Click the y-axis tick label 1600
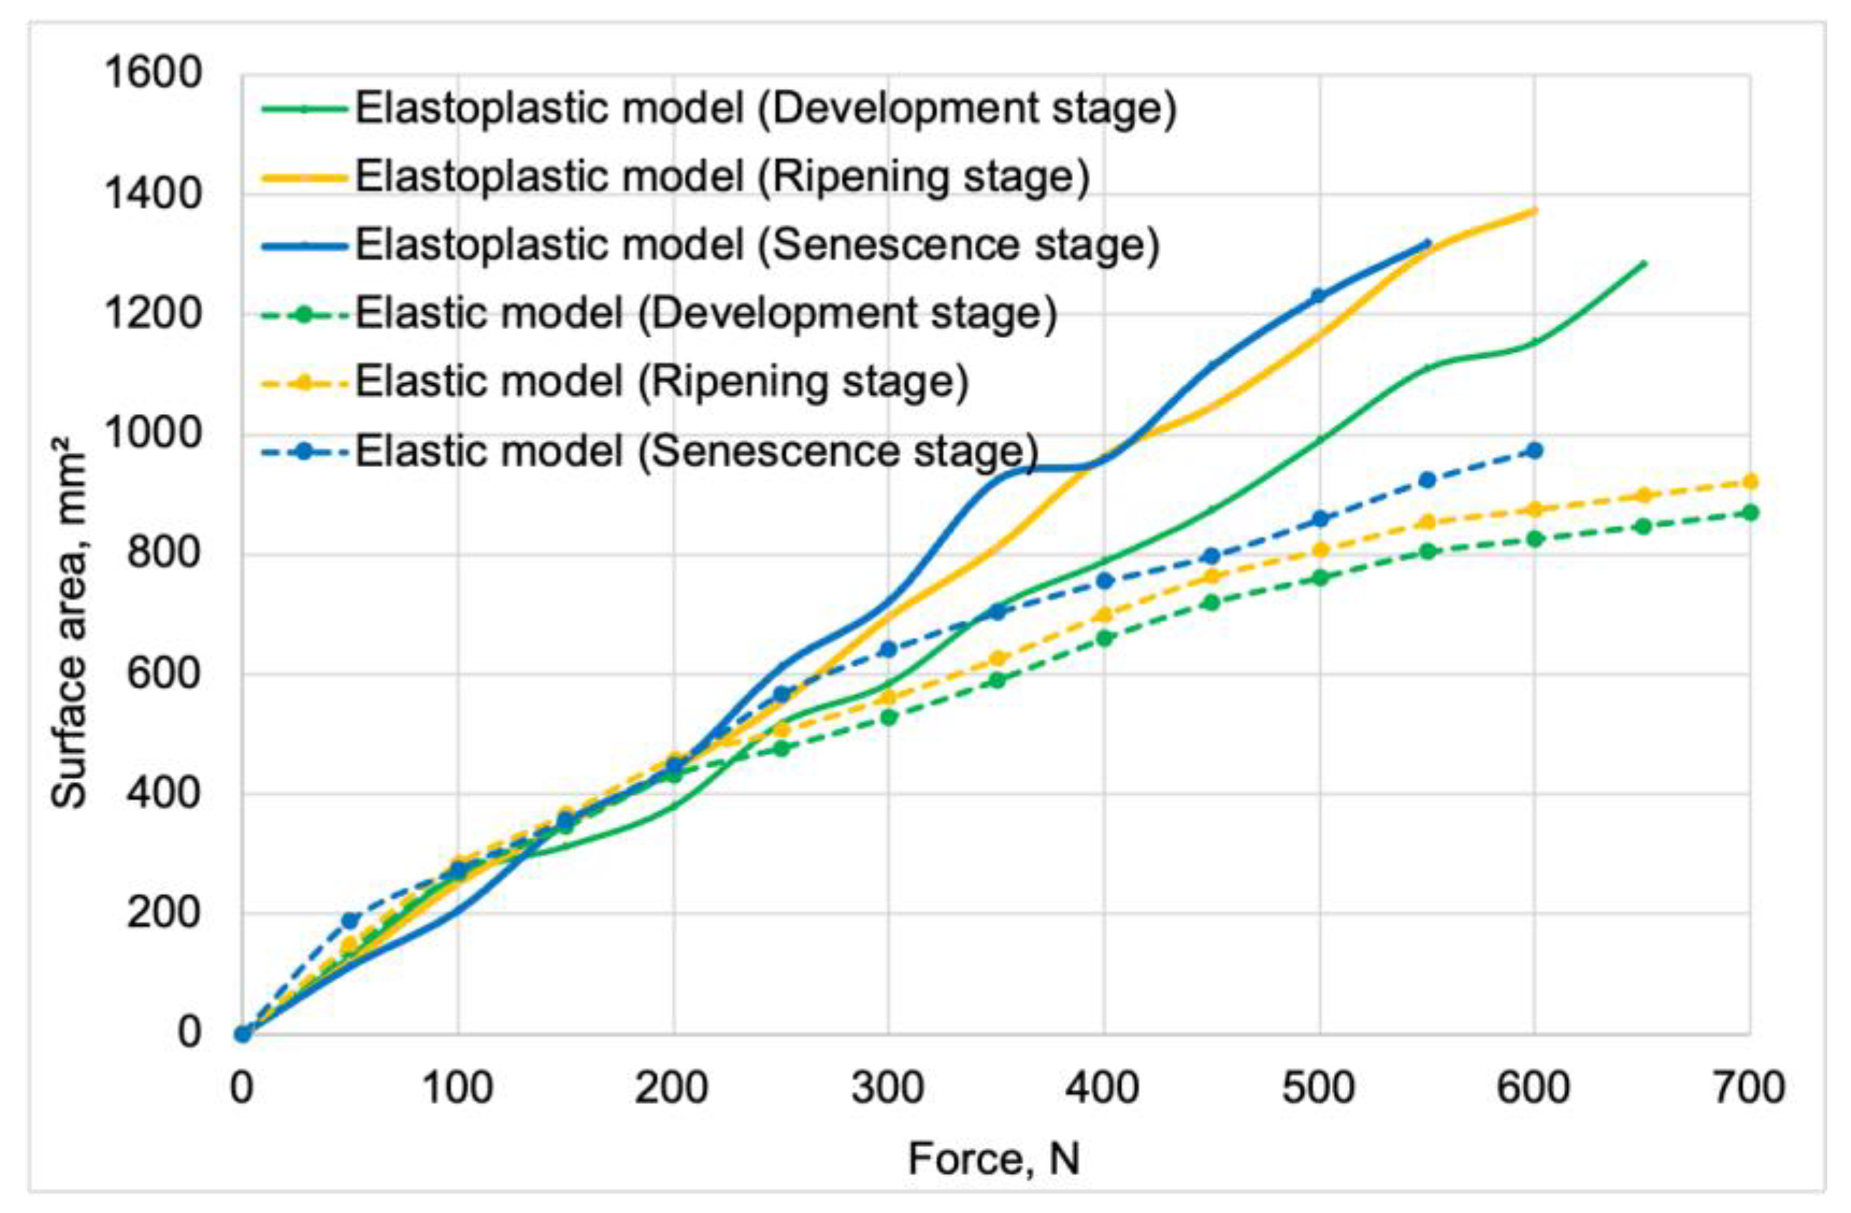pos(153,75)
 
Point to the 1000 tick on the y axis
pos(153,435)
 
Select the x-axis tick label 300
pos(888,1088)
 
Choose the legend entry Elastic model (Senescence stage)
pos(696,452)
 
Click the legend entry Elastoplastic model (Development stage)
pos(765,109)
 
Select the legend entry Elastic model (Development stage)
pos(706,314)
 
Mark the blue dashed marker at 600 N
pos(1534,451)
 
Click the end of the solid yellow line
pos(1534,211)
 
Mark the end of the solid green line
pos(1643,263)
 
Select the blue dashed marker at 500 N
pos(1319,518)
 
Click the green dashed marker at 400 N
pos(1104,639)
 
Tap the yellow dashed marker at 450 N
pos(1211,576)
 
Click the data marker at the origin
pos(243,1034)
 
